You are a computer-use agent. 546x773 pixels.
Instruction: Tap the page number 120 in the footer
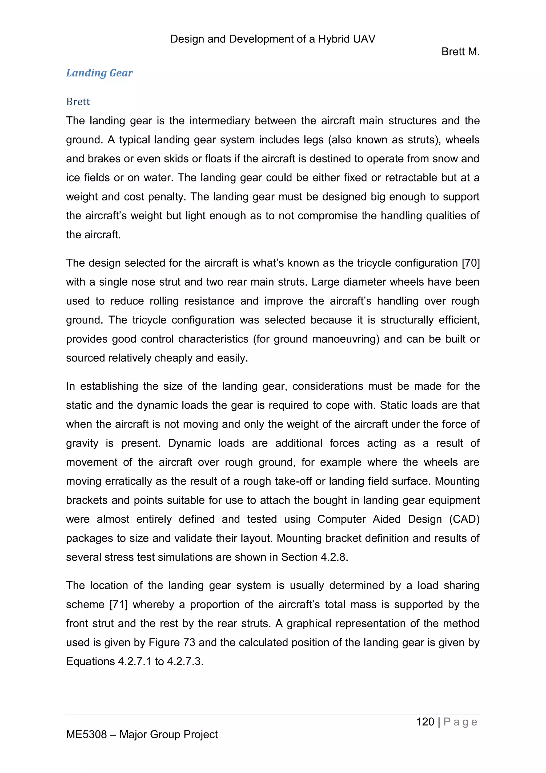pos(425,721)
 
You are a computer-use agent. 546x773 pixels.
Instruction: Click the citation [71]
pos(119,604)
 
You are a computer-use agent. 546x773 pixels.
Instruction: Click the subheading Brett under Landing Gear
pos(78,102)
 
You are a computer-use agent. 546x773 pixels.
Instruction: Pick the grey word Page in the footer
pos(460,722)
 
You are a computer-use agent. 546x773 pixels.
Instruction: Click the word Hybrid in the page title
pos(333,39)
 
